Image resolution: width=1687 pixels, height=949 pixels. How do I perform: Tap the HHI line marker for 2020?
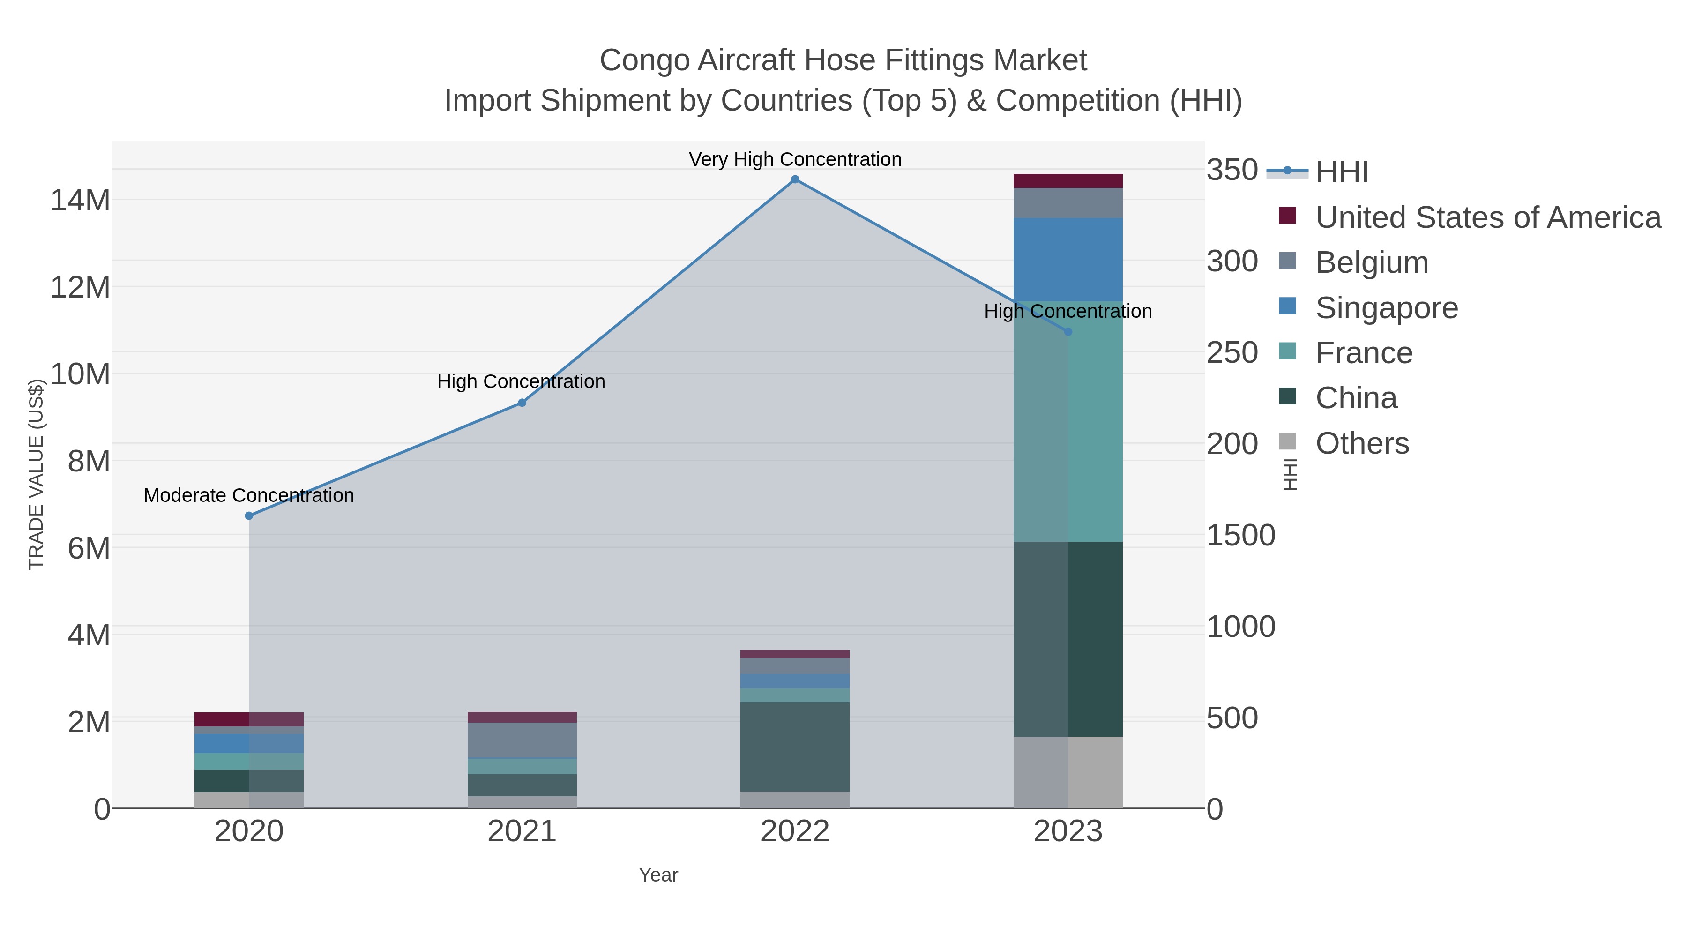point(249,516)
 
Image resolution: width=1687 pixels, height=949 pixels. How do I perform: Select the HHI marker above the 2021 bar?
point(522,403)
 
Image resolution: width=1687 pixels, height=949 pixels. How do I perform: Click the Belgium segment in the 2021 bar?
point(522,740)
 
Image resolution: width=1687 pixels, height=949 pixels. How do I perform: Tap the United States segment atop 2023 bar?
point(1067,181)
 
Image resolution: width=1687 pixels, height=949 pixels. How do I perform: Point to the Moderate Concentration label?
point(249,496)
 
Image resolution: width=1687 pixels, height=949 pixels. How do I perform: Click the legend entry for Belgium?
point(1371,262)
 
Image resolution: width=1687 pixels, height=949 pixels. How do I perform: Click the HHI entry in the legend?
point(1341,172)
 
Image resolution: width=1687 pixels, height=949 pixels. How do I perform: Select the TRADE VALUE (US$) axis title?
point(36,474)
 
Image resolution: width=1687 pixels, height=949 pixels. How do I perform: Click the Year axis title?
point(658,875)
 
